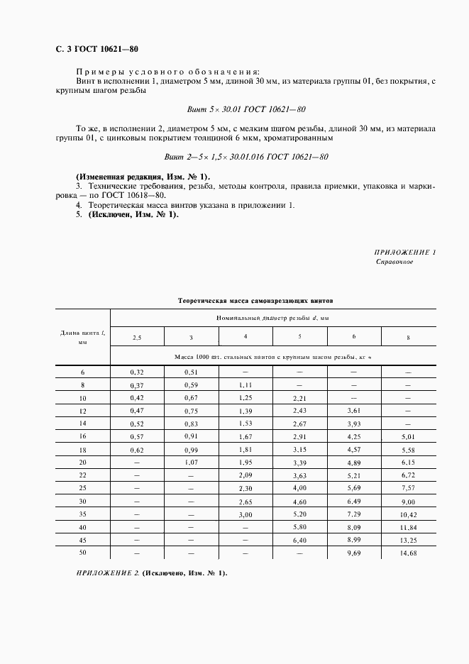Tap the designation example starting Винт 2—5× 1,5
tap(245, 157)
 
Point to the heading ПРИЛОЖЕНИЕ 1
tap(404, 253)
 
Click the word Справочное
tap(394, 262)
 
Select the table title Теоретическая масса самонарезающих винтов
tap(253, 301)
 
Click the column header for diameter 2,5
tap(137, 337)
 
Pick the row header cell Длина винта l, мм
tap(82, 337)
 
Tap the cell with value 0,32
tap(137, 372)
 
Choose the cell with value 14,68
tap(407, 553)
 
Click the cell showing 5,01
tap(407, 437)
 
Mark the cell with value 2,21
tap(299, 398)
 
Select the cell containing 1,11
tap(245, 384)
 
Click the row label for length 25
tap(82, 489)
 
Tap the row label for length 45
tap(82, 541)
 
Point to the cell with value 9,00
tap(407, 502)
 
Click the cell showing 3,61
tap(353, 411)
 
